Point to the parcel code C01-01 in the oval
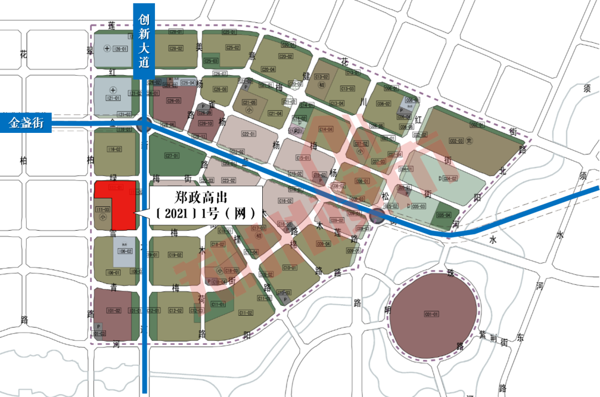point(432,315)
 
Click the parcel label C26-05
point(174,101)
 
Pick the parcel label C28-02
point(176,48)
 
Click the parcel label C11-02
point(246,313)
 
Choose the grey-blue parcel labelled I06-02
point(125,251)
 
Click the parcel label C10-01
point(289,268)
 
